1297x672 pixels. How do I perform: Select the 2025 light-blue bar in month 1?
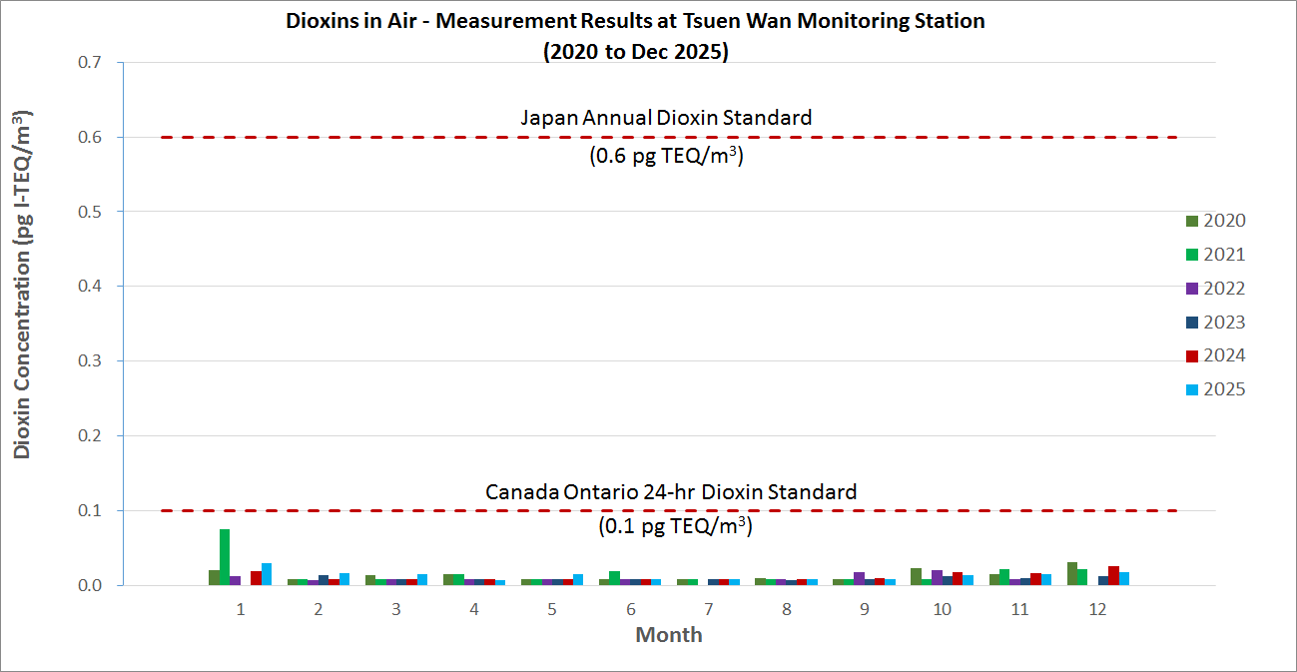pyautogui.click(x=267, y=574)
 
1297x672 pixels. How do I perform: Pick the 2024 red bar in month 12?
pyautogui.click(x=1113, y=575)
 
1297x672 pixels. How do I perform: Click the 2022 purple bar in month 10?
pyautogui.click(x=937, y=577)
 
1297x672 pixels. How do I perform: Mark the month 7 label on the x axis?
pyautogui.click(x=708, y=608)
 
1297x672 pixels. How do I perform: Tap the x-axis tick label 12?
pyautogui.click(x=1097, y=608)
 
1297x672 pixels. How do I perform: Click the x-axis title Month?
pyautogui.click(x=669, y=635)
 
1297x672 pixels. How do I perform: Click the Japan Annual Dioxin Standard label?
pyautogui.click(x=666, y=118)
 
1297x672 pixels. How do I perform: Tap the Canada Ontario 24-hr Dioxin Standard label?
pyautogui.click(x=671, y=492)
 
